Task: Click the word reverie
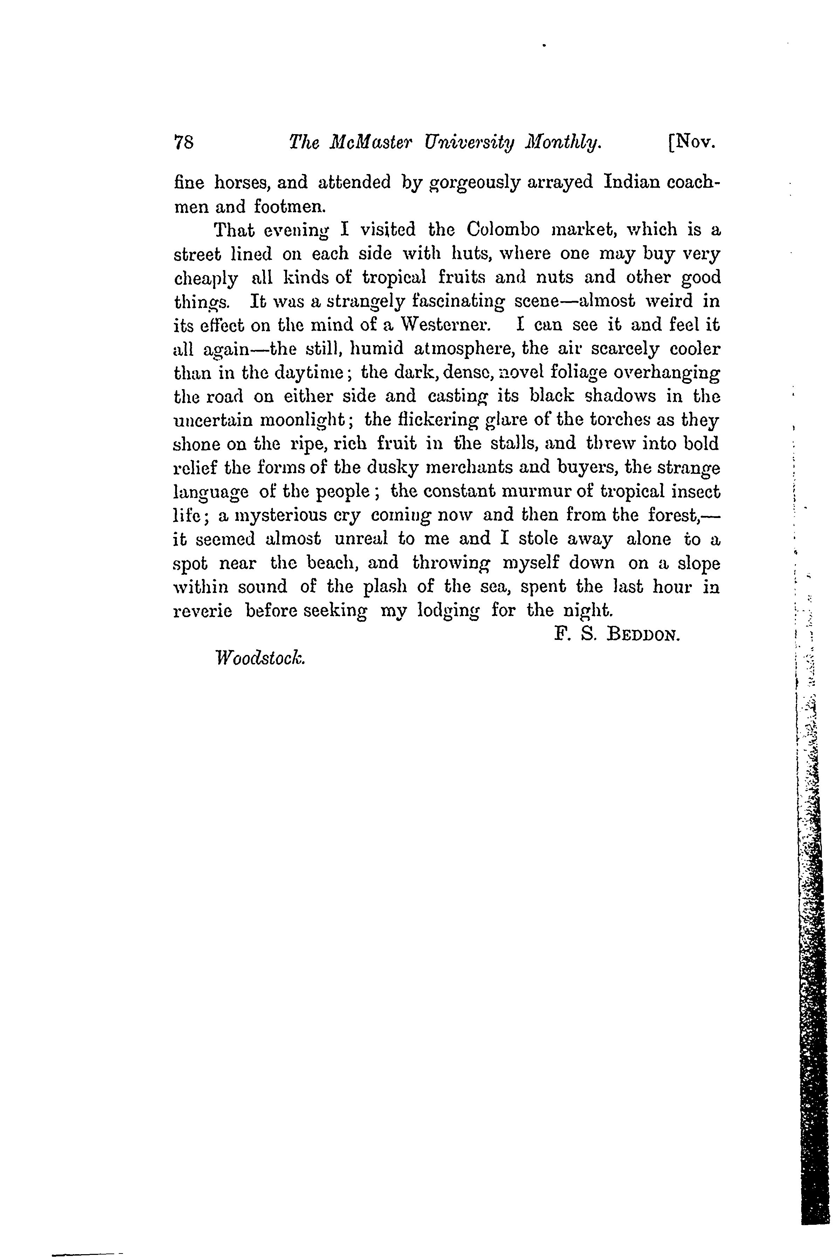coord(203,610)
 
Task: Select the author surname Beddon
coord(643,635)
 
